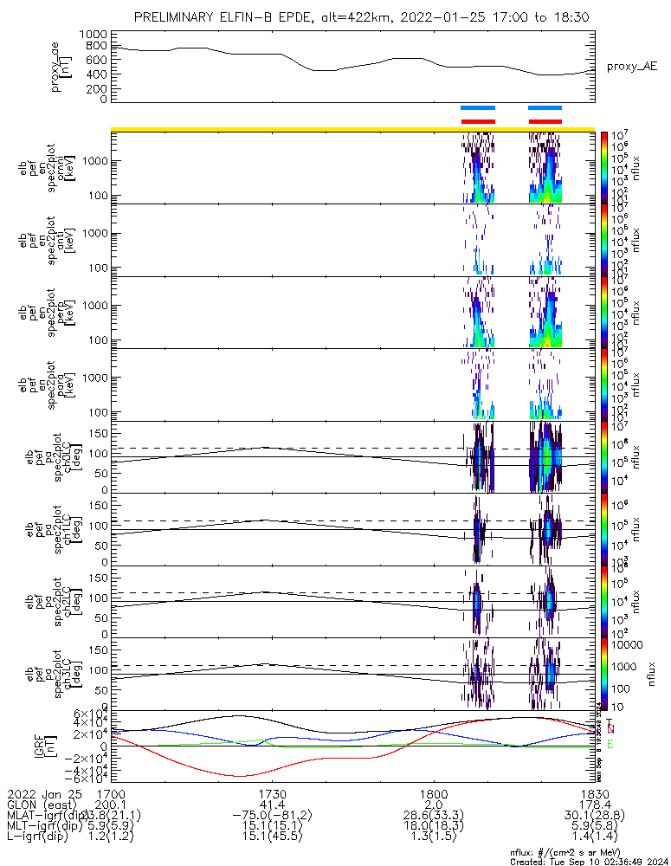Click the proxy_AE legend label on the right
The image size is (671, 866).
pyautogui.click(x=632, y=67)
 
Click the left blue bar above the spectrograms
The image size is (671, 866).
pyautogui.click(x=478, y=108)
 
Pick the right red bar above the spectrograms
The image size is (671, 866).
pyautogui.click(x=545, y=121)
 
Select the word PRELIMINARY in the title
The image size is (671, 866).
pyautogui.click(x=179, y=16)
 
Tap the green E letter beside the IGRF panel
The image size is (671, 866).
pyautogui.click(x=610, y=744)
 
